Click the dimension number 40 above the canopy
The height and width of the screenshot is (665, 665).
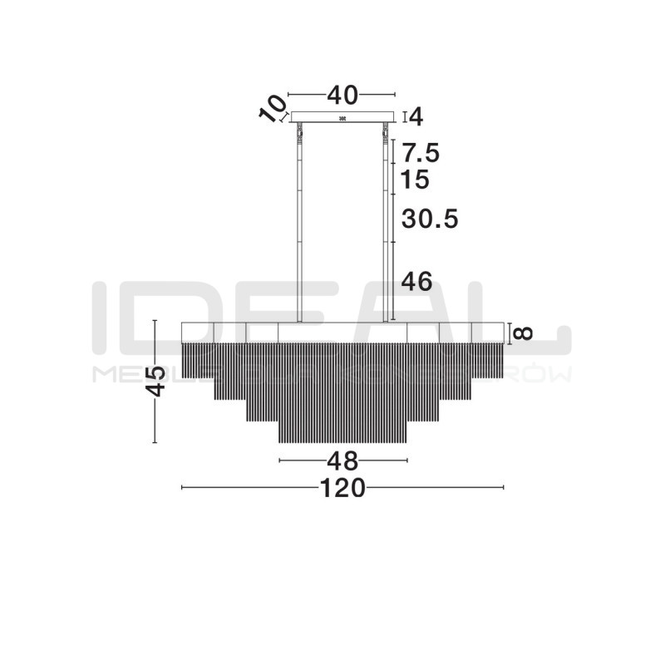point(342,96)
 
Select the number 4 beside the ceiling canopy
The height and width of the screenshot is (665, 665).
point(416,117)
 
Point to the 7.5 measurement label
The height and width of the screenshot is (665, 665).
point(420,153)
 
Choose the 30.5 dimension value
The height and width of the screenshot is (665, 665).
point(429,219)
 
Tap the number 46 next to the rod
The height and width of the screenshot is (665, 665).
point(416,282)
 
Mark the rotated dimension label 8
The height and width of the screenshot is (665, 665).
point(522,332)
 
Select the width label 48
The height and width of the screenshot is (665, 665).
point(342,461)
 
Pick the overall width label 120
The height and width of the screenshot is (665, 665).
point(342,488)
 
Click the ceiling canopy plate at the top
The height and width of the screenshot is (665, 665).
point(342,117)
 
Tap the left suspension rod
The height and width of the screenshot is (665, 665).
point(298,224)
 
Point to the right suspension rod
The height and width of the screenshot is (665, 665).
point(387,224)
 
